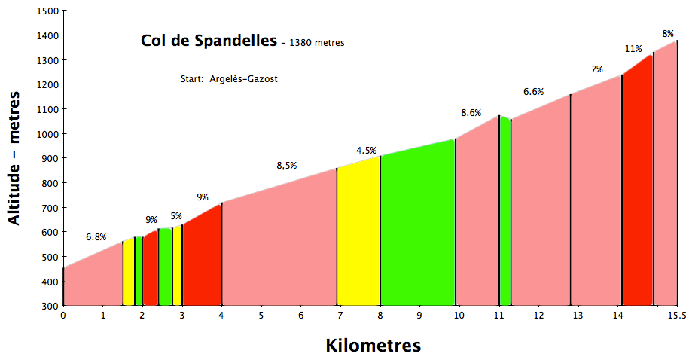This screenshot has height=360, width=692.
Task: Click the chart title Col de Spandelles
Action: pos(209,41)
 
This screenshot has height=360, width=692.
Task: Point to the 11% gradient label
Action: pos(633,49)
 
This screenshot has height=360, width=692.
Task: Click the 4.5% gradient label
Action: pos(367,150)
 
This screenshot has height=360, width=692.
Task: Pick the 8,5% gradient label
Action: pos(287,166)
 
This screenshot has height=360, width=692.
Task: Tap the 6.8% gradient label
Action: pos(96,236)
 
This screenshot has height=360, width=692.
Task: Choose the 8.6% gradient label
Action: pos(471,113)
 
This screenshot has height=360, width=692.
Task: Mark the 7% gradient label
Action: pos(596,69)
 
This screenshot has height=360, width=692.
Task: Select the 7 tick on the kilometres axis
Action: pos(340,316)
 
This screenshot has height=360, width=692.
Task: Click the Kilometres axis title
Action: pos(373,346)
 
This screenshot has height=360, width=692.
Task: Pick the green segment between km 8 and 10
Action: pos(417,226)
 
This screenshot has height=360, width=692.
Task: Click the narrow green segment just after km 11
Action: pos(505,211)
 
